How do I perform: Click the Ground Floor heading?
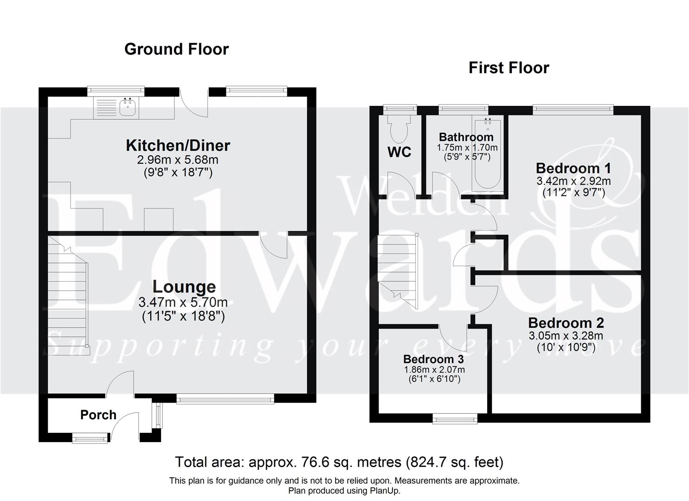point(176,49)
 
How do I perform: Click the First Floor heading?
point(509,68)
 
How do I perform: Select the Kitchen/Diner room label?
point(178,145)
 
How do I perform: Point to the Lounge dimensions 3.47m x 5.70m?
point(183,303)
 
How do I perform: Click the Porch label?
point(98,415)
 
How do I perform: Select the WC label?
point(399,152)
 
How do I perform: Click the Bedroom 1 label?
point(573,168)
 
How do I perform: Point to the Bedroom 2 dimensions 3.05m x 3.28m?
point(566,336)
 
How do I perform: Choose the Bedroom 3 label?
point(433,359)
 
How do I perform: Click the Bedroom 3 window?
point(455,419)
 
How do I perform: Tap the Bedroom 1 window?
point(573,109)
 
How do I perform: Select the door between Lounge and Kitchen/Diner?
point(274,244)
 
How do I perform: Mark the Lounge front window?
point(225,398)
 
